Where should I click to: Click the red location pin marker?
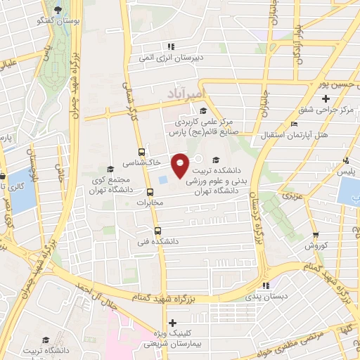(180, 165)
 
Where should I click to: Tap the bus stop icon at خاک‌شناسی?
(142, 151)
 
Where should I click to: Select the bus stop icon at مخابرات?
(150, 191)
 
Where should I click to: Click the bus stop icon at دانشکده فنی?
(156, 230)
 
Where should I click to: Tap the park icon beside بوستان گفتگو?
(58, 10)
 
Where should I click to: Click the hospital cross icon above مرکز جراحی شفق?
(325, 98)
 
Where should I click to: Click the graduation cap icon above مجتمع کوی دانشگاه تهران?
(110, 169)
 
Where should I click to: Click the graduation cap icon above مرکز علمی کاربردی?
(203, 110)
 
